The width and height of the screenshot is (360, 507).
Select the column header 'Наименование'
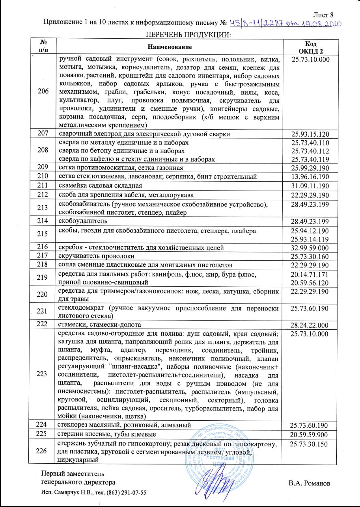170,47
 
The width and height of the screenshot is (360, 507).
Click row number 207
44,134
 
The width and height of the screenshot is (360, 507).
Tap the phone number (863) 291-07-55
122,493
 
